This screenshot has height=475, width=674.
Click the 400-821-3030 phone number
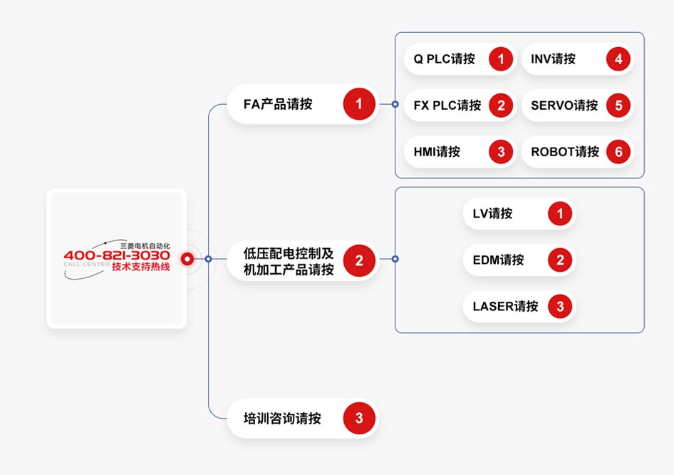[x=117, y=255]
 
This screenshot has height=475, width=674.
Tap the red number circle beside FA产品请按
[x=359, y=104]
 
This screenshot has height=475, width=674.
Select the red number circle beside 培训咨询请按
[x=359, y=418]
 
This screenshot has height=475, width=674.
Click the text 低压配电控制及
[x=289, y=253]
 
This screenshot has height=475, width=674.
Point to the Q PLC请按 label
[x=445, y=59]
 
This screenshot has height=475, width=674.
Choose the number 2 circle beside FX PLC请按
[x=501, y=106]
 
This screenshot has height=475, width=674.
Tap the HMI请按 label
[x=437, y=152]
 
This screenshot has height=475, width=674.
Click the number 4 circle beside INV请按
[x=618, y=59]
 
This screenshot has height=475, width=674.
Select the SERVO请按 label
[x=564, y=106]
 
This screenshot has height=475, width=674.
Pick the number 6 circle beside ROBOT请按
[x=618, y=152]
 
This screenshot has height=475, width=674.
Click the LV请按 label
[x=492, y=213]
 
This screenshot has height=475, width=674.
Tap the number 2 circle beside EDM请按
[x=560, y=260]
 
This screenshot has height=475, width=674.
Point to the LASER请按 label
[x=505, y=307]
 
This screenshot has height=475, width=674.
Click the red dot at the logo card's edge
[x=187, y=259]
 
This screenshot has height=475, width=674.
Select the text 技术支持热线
[x=141, y=267]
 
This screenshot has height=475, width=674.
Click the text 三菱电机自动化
[x=145, y=245]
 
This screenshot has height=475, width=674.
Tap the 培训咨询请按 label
[x=282, y=419]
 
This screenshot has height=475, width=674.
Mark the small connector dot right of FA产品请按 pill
[x=395, y=104]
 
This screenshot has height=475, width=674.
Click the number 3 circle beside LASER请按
[x=560, y=307]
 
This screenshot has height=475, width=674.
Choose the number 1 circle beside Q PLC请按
[x=501, y=59]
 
